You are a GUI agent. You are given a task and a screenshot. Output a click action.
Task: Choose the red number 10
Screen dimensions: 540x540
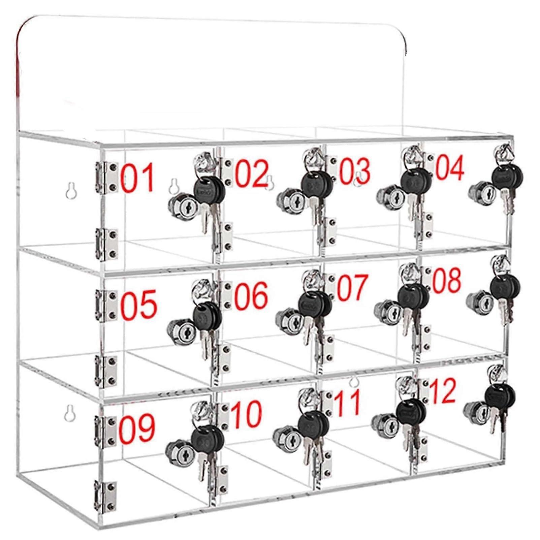pos(247,414)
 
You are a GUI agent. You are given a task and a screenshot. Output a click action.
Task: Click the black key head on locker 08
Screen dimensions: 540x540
pos(505,286)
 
